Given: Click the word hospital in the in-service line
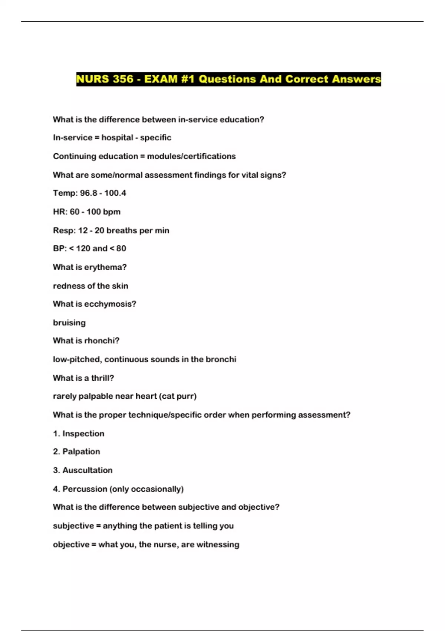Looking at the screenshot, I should click(117, 138).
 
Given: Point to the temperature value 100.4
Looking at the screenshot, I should click(115, 193).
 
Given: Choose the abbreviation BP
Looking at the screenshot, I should click(59, 248).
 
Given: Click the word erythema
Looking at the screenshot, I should click(105, 267).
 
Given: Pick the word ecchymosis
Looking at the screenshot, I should click(110, 304).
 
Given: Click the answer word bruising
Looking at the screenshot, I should click(69, 323).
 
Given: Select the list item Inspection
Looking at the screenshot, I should click(83, 434).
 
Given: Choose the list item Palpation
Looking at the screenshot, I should click(81, 452).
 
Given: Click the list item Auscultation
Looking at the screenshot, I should click(88, 470).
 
